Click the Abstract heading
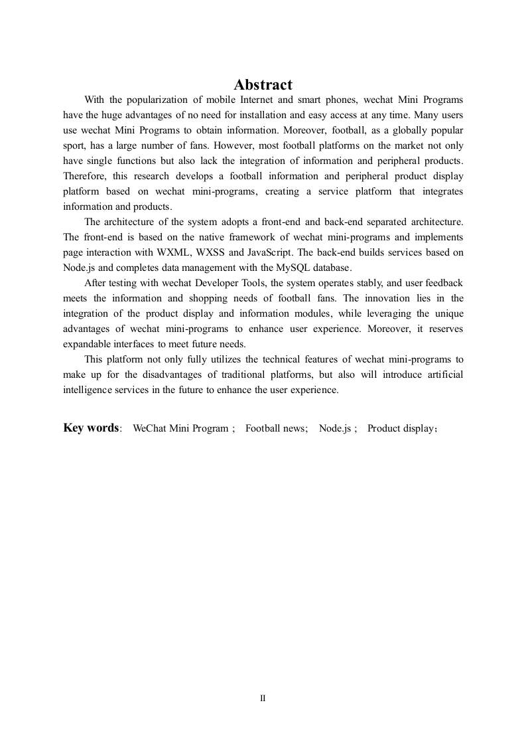263,85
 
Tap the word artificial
440,374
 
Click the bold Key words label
92,428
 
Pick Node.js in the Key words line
335,428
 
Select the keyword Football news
274,428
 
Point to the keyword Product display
400,428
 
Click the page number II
263,698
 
